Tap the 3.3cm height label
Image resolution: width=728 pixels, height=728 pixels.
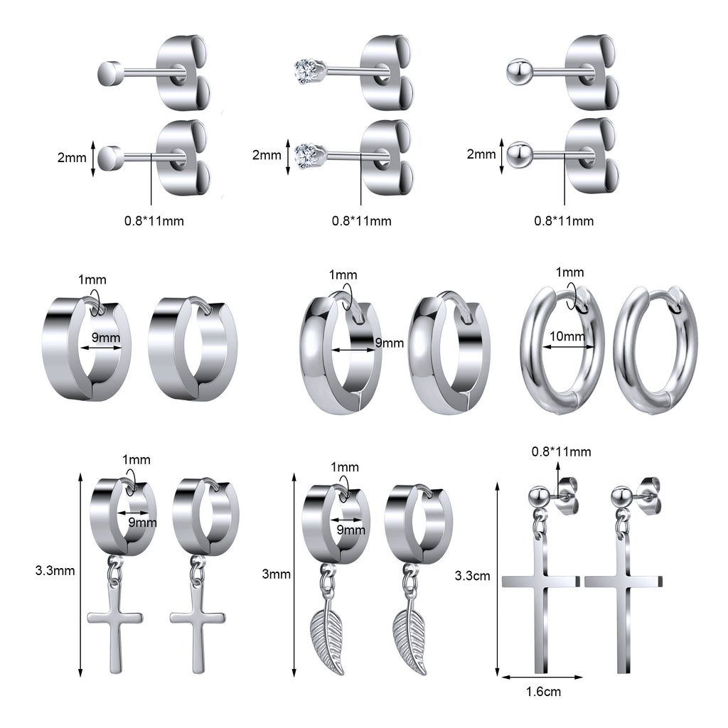(472, 576)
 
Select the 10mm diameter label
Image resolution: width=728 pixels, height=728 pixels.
(567, 336)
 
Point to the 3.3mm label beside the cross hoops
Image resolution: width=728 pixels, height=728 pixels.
(55, 570)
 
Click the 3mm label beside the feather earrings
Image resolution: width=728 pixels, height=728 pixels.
(277, 574)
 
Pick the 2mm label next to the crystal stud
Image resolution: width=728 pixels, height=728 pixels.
(267, 154)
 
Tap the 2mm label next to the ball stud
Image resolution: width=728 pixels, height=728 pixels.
(481, 154)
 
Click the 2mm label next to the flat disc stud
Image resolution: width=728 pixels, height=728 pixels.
(72, 157)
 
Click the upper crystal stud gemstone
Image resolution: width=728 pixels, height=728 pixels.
(307, 72)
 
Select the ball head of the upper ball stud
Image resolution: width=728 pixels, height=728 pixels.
(518, 72)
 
